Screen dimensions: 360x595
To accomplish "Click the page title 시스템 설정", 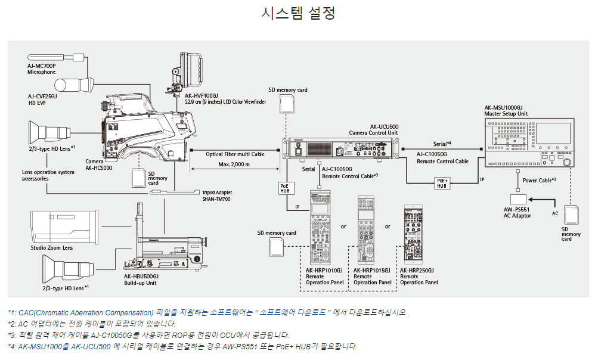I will [297, 13].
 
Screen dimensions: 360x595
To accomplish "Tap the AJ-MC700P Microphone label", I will [41, 69].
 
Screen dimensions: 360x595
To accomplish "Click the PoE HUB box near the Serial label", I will [285, 188].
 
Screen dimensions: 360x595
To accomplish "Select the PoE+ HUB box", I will [442, 183].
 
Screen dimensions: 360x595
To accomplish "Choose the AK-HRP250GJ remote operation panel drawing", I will [416, 235].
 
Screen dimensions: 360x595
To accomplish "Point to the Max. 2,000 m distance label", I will [234, 164].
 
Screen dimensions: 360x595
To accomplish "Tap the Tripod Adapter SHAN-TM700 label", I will [216, 195].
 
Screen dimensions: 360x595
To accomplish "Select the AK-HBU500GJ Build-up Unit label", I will [141, 279].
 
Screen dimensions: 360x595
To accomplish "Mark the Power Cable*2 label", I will [539, 179].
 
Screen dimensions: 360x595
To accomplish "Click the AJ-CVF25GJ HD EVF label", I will [42, 99].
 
